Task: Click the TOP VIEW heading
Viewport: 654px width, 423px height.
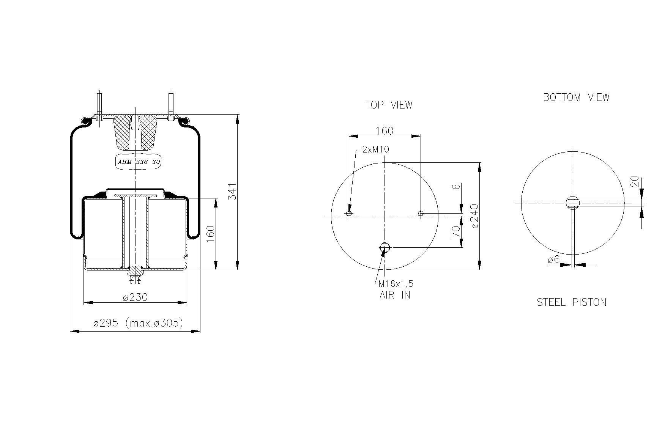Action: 389,105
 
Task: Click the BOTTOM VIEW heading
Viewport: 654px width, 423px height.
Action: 576,97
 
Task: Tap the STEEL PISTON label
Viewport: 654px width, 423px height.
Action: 571,302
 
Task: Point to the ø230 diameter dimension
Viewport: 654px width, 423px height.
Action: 135,297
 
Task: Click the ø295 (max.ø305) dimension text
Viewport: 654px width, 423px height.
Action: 138,323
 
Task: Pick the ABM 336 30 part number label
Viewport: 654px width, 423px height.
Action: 139,162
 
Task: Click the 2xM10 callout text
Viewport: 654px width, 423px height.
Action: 375,149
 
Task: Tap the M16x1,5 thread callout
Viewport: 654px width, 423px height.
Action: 396,284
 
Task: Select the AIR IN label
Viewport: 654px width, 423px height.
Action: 395,295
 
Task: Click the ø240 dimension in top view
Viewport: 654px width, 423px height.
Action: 475,216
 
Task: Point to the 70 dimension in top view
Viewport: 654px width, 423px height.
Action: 456,231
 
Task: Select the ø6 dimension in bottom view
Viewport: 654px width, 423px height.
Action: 553,260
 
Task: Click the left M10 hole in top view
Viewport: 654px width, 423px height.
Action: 349,214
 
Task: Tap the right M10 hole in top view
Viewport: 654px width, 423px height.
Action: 421,214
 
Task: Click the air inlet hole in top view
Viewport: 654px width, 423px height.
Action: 385,248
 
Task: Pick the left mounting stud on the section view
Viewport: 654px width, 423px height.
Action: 99,106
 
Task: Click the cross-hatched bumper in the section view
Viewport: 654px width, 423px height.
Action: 135,133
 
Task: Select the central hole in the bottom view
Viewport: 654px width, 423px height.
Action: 573,203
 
